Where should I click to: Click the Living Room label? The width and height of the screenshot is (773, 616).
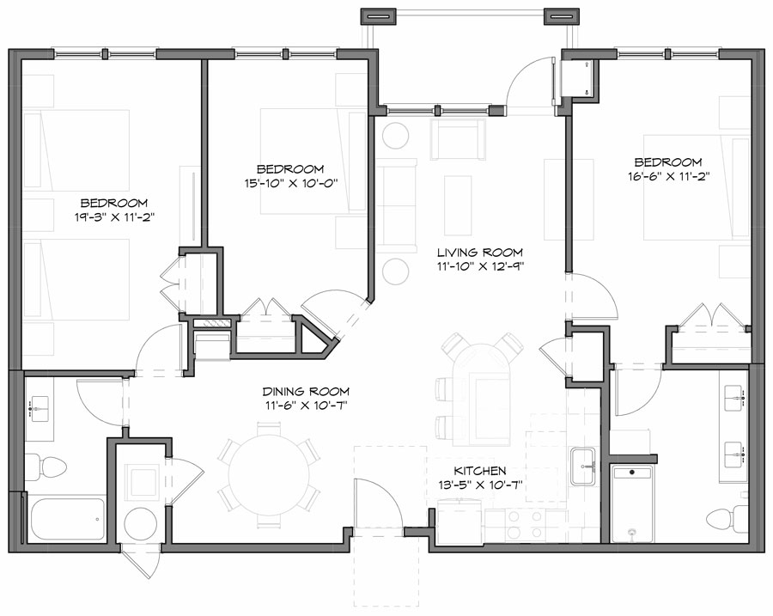pyautogui.click(x=480, y=253)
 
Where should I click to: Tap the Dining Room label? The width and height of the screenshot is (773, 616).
pyautogui.click(x=306, y=392)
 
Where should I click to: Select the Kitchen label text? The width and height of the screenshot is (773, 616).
pyautogui.click(x=479, y=471)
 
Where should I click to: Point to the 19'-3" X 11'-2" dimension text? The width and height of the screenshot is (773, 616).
pyautogui.click(x=114, y=217)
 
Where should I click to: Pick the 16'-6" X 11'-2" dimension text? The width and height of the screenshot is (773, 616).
pyautogui.click(x=668, y=176)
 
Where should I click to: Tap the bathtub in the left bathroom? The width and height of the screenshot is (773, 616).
pyautogui.click(x=68, y=519)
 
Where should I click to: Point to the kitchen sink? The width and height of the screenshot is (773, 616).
pyautogui.click(x=584, y=466)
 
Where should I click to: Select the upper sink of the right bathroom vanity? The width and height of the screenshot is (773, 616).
pyautogui.click(x=735, y=397)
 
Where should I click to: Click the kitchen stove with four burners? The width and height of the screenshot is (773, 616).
pyautogui.click(x=526, y=525)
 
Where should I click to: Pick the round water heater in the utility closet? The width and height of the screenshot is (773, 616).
pyautogui.click(x=141, y=524)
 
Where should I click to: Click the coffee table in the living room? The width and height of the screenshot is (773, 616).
pyautogui.click(x=458, y=205)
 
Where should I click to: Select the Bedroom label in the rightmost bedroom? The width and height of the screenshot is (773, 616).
pyautogui.click(x=668, y=162)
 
